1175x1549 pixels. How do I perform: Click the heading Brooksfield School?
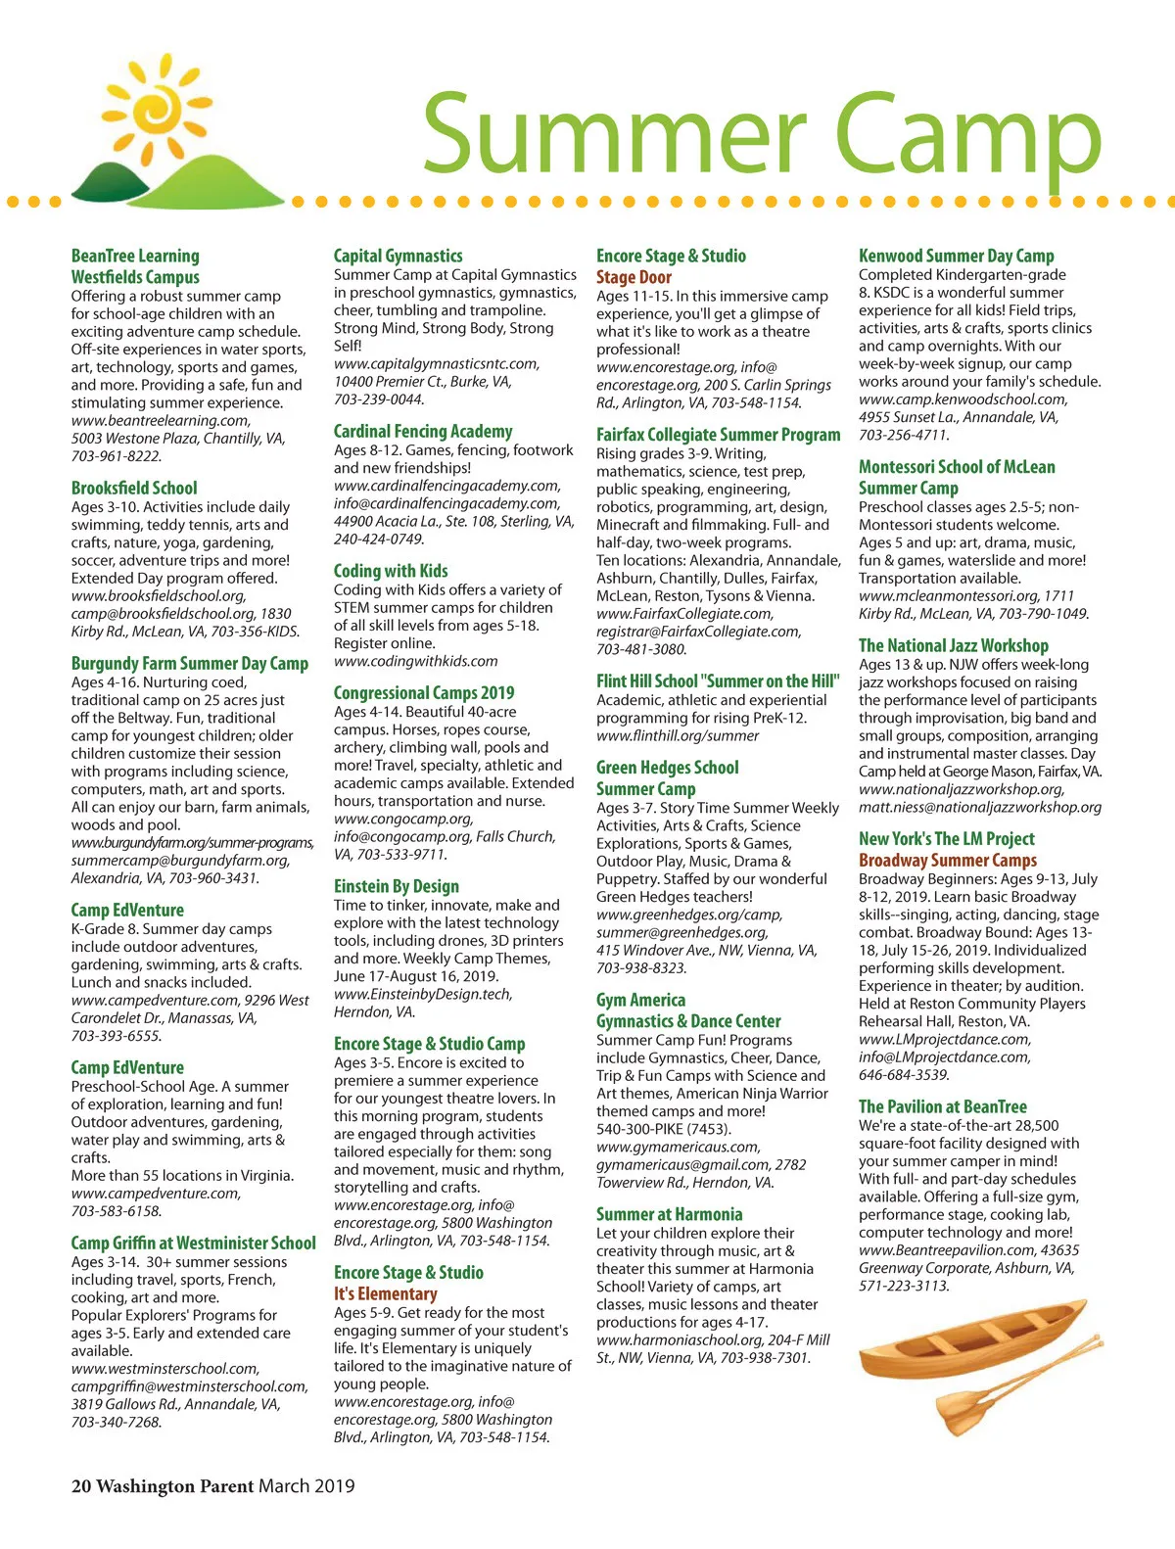[134, 488]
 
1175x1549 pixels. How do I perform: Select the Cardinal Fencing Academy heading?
[423, 431]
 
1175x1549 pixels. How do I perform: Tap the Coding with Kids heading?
[391, 571]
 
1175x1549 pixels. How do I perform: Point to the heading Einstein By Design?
[397, 886]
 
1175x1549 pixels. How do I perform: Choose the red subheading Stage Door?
[634, 277]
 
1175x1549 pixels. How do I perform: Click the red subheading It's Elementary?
[385, 1293]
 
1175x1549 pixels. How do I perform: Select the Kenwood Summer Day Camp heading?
[957, 256]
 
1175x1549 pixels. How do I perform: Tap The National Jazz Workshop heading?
[954, 645]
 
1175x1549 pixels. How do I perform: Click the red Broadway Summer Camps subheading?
[948, 860]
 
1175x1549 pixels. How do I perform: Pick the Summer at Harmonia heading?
[670, 1214]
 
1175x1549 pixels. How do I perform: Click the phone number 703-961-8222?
[117, 456]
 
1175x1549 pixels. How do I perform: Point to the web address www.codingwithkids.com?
[416, 661]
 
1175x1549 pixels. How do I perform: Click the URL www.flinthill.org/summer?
[678, 735]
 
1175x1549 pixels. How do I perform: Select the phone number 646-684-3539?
[904, 1075]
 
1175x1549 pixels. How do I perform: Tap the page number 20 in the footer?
[81, 1485]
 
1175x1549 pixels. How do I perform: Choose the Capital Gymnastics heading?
[399, 256]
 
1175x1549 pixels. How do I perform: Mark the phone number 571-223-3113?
[904, 1286]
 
